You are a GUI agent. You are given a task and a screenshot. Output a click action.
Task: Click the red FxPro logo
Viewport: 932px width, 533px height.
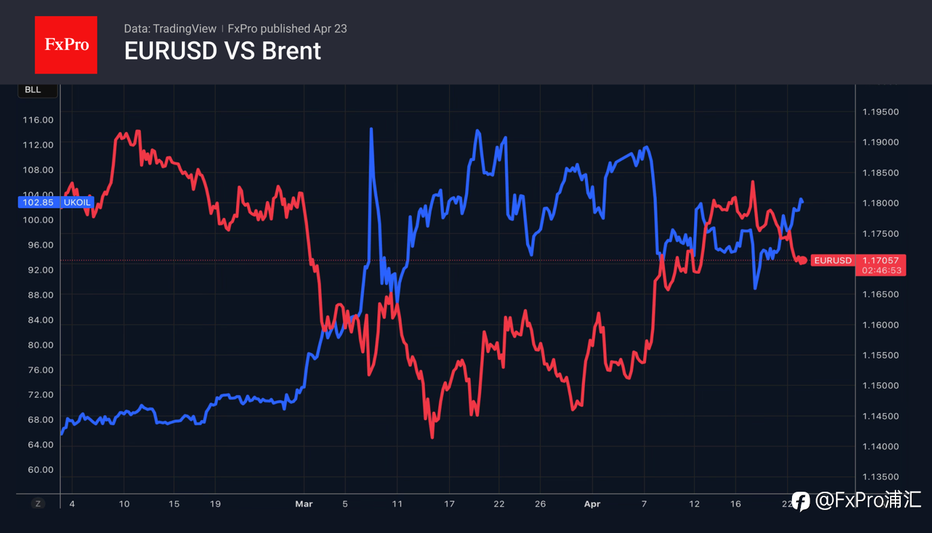(x=66, y=45)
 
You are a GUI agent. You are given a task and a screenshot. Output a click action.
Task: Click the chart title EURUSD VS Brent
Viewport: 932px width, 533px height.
(x=223, y=51)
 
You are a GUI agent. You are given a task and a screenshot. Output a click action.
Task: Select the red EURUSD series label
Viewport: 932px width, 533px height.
(x=833, y=260)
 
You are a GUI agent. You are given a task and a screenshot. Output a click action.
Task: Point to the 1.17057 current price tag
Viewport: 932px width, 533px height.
(x=880, y=260)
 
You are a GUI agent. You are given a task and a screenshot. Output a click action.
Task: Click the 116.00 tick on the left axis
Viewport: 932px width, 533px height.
(x=39, y=120)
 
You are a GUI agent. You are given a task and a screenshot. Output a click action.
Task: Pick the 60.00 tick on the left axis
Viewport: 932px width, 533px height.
(x=39, y=470)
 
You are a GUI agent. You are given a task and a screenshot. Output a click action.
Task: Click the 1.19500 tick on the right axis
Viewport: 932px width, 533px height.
(x=880, y=112)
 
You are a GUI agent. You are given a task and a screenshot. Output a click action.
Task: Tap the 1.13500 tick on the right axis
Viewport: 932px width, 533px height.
(x=880, y=477)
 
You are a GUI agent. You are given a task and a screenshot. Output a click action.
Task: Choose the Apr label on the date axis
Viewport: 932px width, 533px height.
(x=592, y=504)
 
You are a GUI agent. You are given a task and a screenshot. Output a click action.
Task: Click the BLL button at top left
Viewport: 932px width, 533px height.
(x=33, y=90)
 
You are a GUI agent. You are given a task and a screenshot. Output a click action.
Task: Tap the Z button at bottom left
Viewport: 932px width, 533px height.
(x=38, y=503)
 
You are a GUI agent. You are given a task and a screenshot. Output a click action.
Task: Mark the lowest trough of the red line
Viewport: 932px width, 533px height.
(x=432, y=437)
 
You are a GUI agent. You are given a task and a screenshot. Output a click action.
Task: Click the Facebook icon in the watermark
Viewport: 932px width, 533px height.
(x=801, y=501)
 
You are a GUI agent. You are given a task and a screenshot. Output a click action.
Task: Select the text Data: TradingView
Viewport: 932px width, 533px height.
(x=170, y=28)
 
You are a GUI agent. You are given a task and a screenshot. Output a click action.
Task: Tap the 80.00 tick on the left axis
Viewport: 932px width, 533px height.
(x=39, y=345)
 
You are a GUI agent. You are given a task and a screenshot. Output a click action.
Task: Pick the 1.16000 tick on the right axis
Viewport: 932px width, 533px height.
(x=880, y=325)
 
